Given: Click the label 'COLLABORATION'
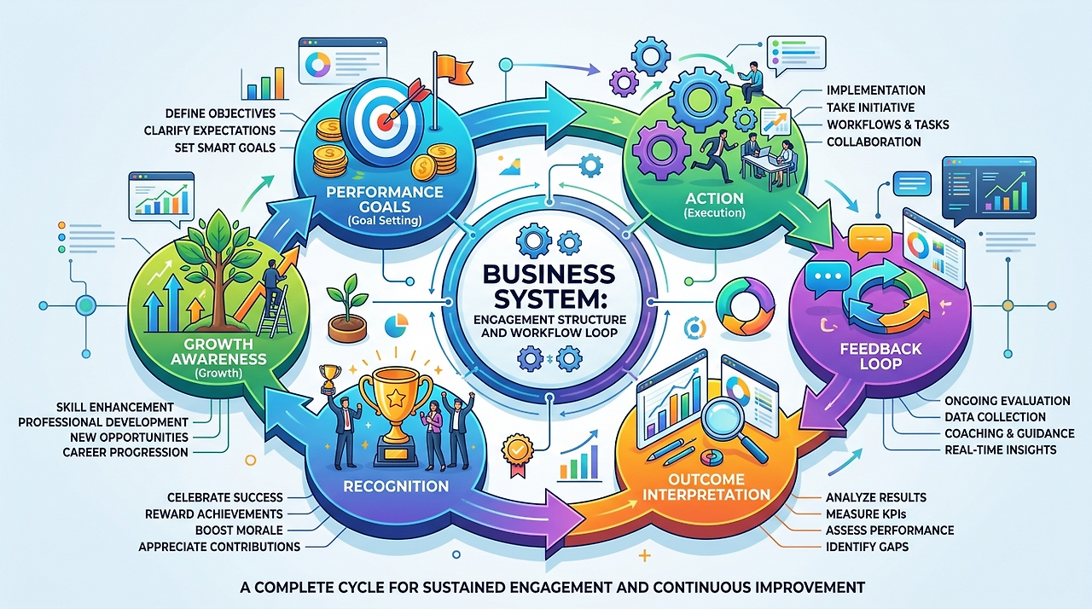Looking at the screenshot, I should point(874,142).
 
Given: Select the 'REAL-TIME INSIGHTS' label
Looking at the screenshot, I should point(1000,449).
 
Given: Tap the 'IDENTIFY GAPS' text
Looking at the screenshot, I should point(867,546).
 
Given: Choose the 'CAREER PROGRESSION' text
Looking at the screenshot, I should point(125,452).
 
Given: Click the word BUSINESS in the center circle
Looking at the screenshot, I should point(546,275).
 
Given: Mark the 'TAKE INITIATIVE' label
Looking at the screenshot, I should point(870,107).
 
